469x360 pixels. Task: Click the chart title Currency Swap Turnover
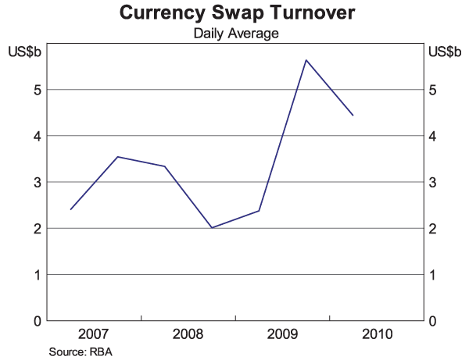[235, 13]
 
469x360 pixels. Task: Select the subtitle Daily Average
[235, 34]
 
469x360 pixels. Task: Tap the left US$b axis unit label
[24, 52]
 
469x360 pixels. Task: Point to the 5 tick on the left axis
[36, 90]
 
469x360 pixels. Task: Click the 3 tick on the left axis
[36, 183]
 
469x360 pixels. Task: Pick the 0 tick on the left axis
[36, 321]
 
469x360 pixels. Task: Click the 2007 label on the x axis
[94, 335]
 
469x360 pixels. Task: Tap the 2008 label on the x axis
[188, 335]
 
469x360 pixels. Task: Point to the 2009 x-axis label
[282, 335]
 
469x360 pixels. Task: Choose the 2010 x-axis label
[376, 335]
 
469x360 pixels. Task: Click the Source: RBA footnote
[81, 351]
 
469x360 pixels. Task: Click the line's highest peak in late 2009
[306, 60]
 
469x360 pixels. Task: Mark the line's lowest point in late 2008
[212, 228]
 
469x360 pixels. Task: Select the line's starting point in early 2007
[70, 209]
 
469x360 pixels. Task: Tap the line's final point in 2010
[353, 116]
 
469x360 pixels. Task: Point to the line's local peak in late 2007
[117, 157]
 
